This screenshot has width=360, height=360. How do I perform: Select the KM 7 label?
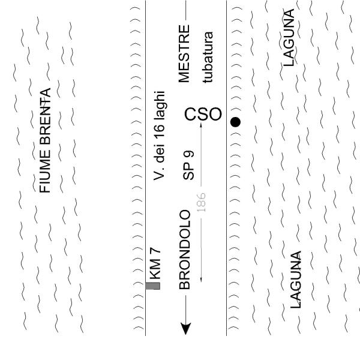(155, 268)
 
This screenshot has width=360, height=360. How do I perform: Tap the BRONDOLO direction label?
(185, 250)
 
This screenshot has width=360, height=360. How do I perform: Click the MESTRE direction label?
(185, 53)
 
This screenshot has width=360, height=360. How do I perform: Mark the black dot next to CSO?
(235, 122)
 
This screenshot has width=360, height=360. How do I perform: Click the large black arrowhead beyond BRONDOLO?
(186, 328)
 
